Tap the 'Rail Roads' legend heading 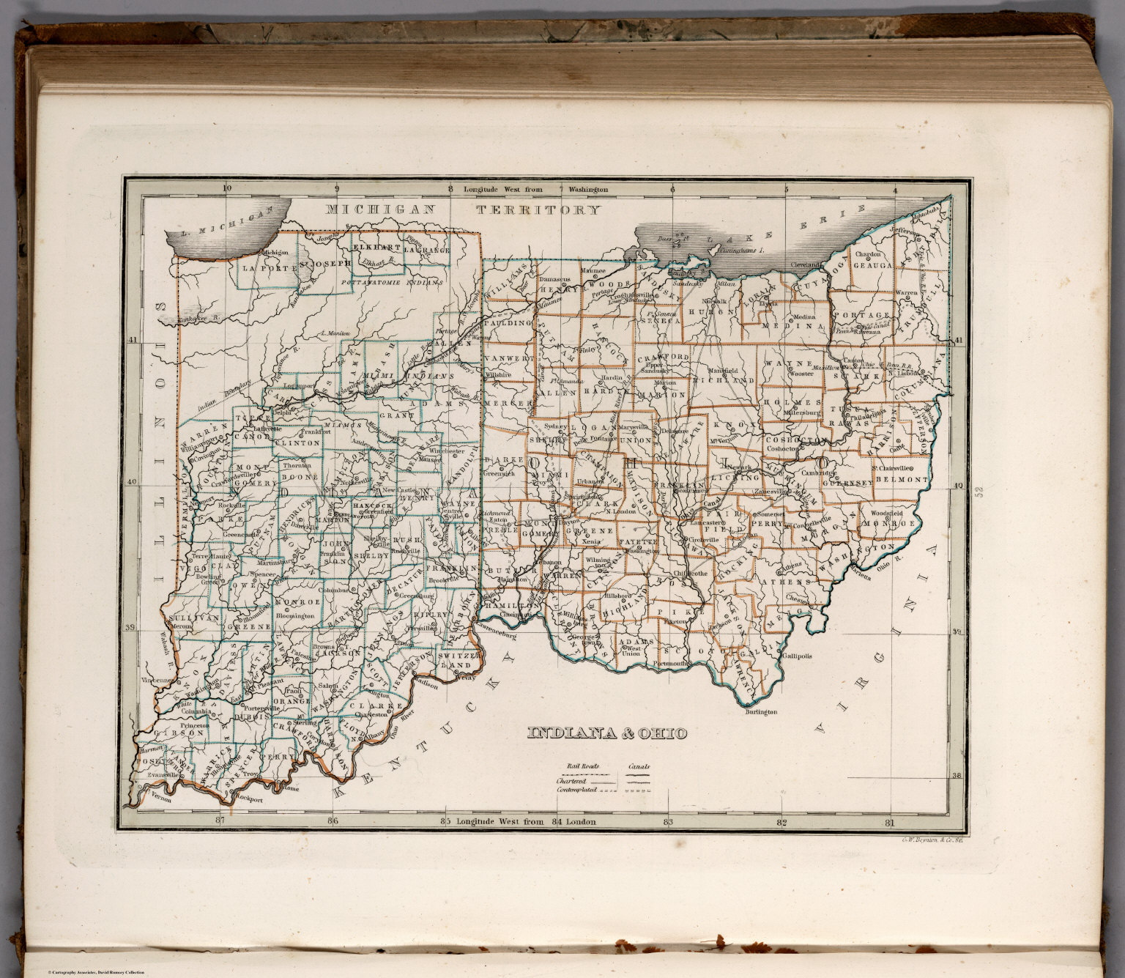coord(581,766)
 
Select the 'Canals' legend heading coord(639,766)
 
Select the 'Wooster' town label coord(802,374)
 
